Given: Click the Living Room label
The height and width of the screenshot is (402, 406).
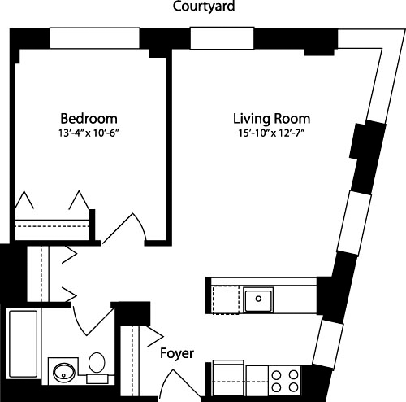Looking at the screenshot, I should point(260,117).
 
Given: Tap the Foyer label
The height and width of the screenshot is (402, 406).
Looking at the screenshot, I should point(175,353).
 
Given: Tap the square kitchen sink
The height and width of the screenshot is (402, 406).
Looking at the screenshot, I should point(259,299).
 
